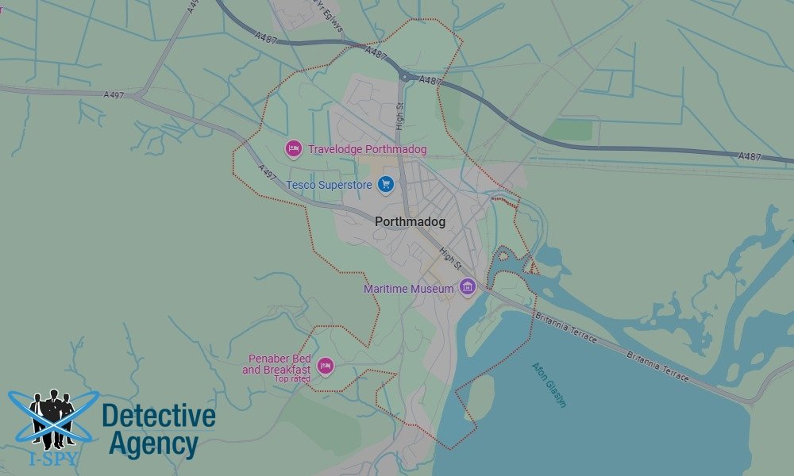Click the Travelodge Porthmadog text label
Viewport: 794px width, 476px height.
click(367, 149)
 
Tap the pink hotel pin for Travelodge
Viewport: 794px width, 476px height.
click(294, 148)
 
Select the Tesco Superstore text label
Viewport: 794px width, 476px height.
click(330, 184)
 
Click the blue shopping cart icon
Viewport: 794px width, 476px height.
click(386, 184)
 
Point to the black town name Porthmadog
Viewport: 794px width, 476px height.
click(410, 222)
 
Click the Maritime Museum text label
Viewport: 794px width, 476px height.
click(408, 289)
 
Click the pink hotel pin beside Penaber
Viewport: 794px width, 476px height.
click(324, 366)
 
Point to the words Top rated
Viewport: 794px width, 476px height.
click(292, 378)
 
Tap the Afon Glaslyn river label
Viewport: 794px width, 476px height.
click(549, 385)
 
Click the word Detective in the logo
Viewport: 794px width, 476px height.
click(159, 416)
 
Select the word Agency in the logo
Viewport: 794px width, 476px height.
click(153, 444)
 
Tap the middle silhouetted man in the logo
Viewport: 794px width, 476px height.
click(53, 413)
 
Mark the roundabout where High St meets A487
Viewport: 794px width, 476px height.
click(406, 77)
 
